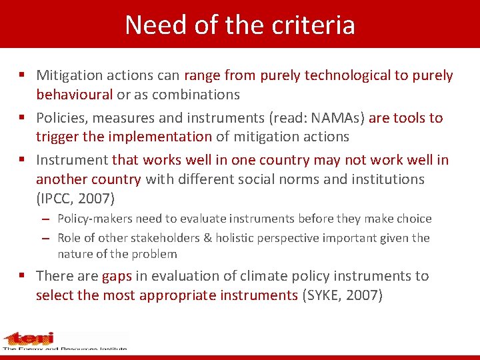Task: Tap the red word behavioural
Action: pos(74,95)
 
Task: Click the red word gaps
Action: pos(117,276)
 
